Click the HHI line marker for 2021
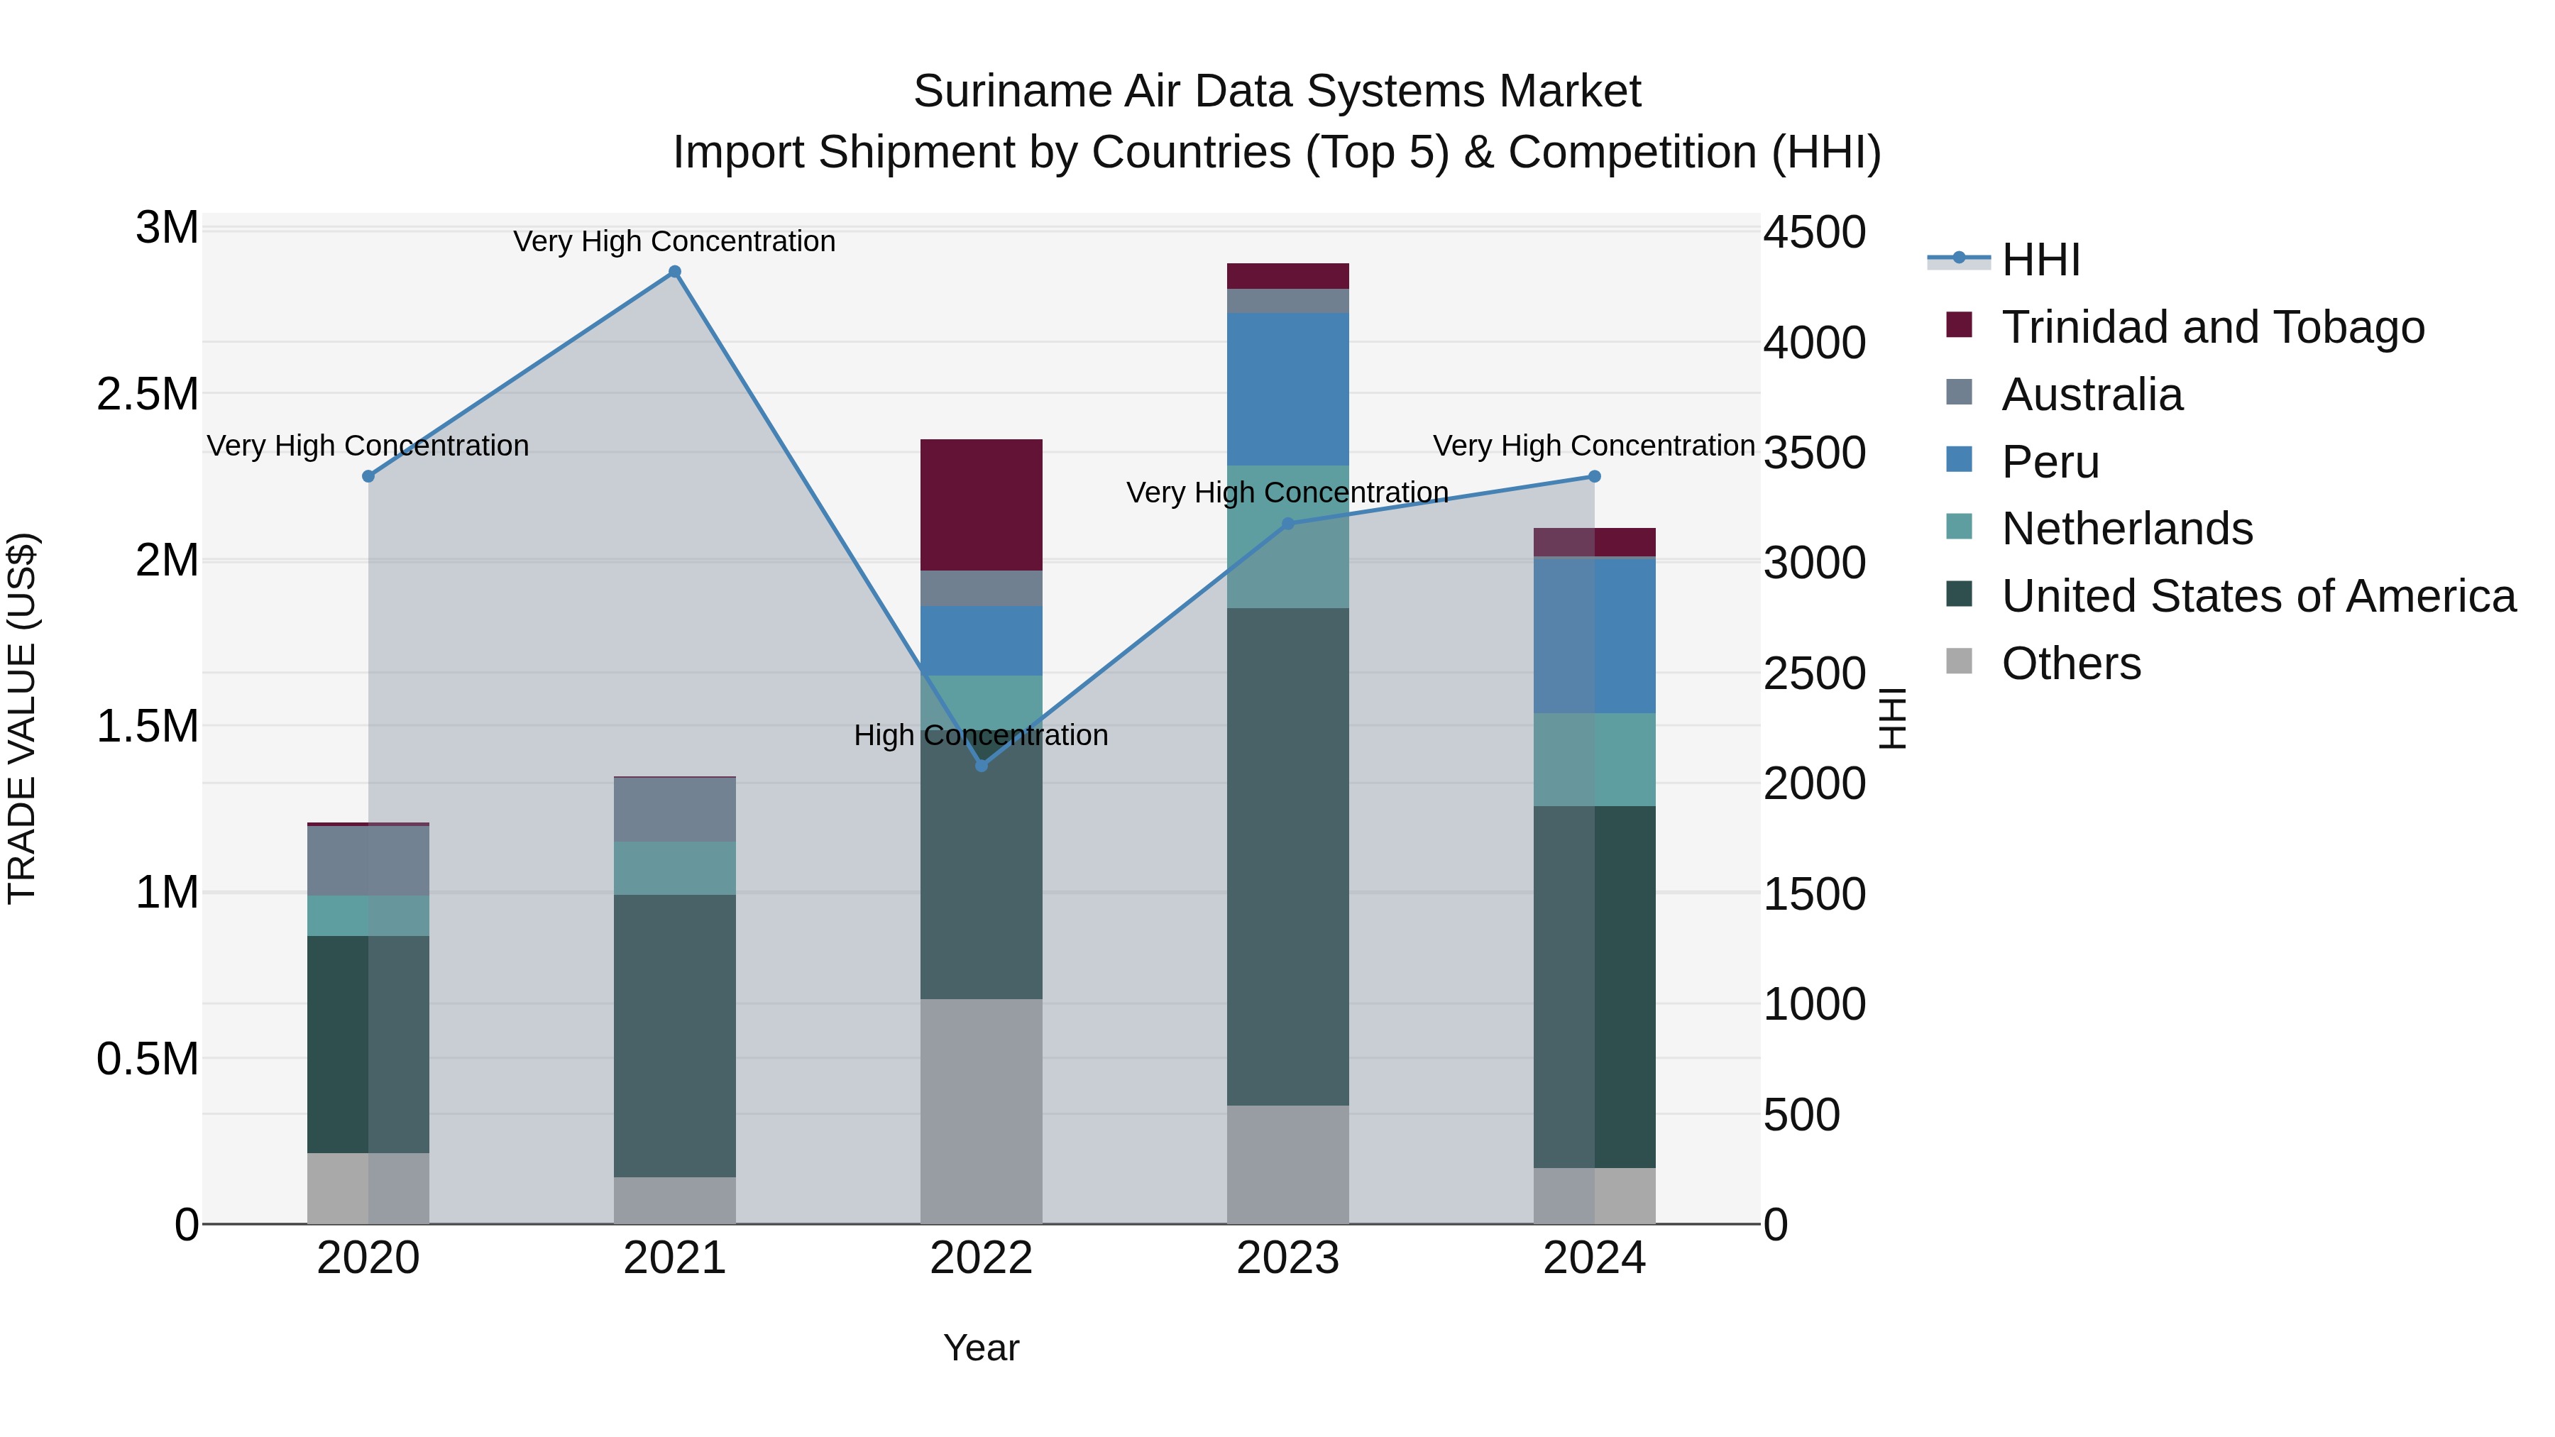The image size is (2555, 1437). pos(674,272)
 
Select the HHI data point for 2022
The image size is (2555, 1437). pos(981,766)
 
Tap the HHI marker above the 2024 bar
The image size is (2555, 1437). pos(1594,477)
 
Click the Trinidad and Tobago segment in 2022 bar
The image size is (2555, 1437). pos(981,504)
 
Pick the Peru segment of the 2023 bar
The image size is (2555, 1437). pos(1287,389)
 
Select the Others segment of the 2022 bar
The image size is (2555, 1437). pos(981,1111)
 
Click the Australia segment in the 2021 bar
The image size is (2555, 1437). pos(674,809)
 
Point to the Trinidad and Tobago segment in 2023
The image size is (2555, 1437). pos(1287,276)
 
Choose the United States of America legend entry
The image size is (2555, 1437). pos(2258,596)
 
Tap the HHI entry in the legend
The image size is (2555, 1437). pos(2040,260)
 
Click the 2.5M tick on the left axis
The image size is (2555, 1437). pos(147,394)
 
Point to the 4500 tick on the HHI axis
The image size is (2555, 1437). pos(1814,233)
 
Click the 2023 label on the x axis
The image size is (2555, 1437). pos(1287,1258)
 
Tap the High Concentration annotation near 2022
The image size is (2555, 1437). pos(981,735)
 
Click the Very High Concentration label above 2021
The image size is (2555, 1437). pos(674,241)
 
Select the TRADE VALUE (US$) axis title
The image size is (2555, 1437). pos(22,718)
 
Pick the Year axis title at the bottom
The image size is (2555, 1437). pos(981,1348)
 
